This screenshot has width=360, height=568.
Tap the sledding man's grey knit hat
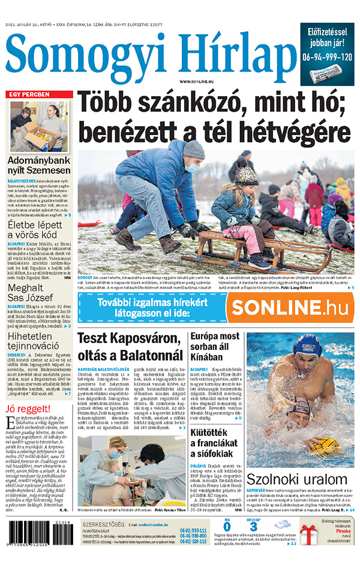(193, 149)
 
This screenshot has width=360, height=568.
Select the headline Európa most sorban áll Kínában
(215, 347)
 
